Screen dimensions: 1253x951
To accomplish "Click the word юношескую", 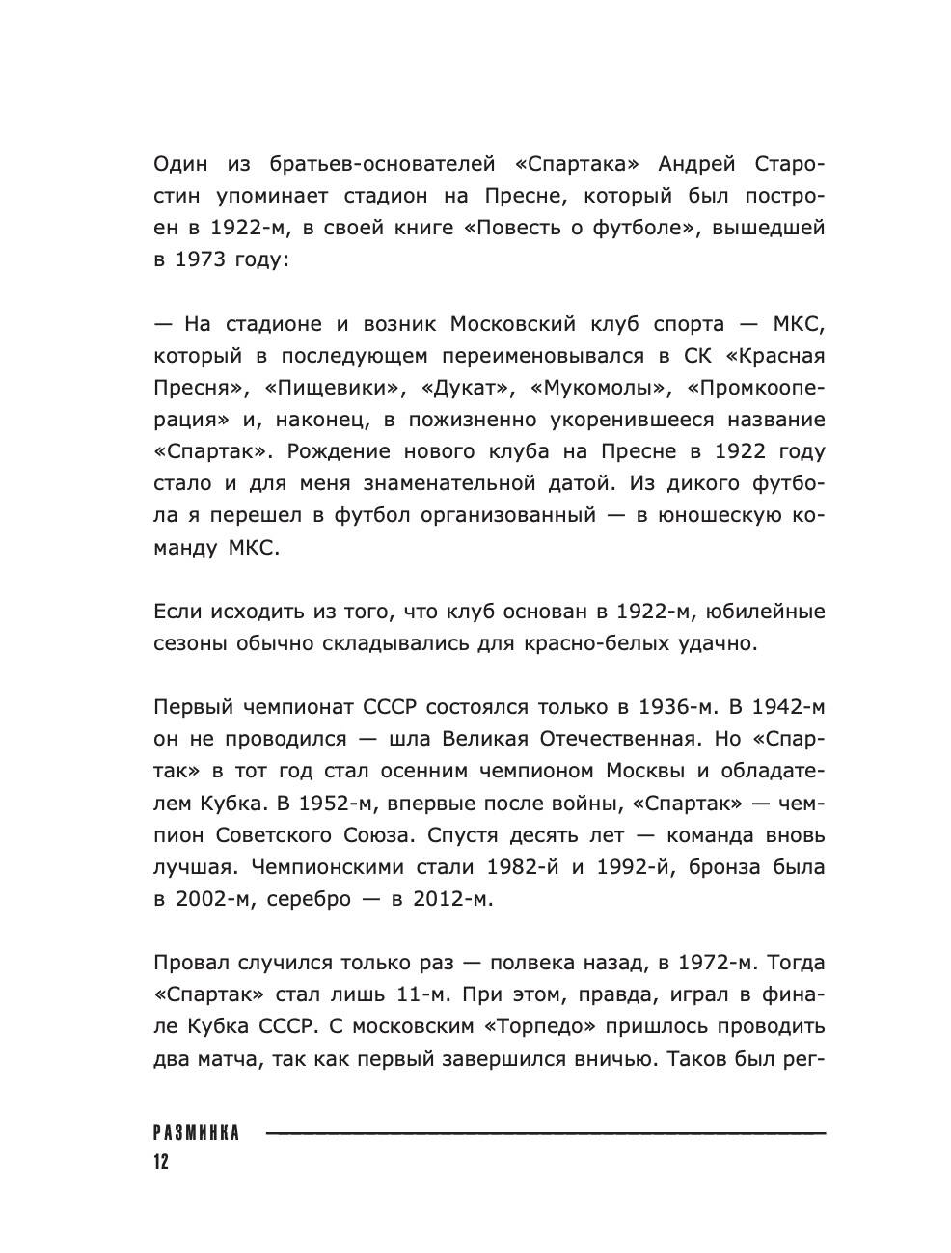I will tap(708, 515).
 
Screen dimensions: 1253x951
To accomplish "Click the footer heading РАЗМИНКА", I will tap(196, 1133).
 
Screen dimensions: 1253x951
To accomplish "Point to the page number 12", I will tap(160, 1161).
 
